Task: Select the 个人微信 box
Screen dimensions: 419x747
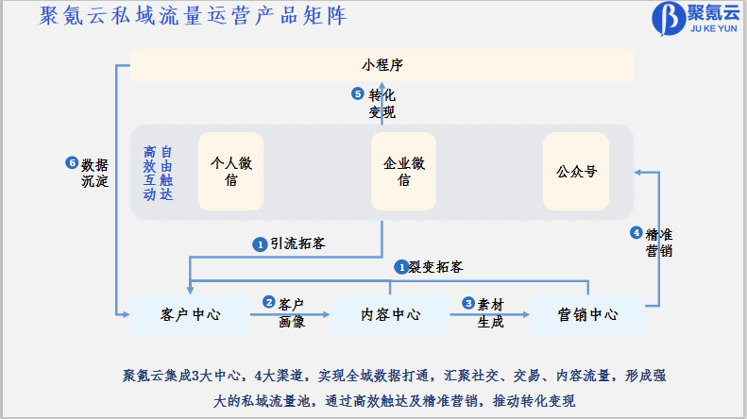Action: [230, 171]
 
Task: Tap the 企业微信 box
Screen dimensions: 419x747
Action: [403, 171]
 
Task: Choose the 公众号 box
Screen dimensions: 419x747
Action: [577, 172]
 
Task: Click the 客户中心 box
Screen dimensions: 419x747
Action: [191, 314]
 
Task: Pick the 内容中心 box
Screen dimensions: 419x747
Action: [390, 314]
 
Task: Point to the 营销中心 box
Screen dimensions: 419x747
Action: [587, 314]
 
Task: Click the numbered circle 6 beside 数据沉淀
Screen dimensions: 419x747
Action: [72, 163]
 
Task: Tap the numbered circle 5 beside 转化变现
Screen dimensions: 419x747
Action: [357, 93]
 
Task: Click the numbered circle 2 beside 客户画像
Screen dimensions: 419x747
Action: [269, 303]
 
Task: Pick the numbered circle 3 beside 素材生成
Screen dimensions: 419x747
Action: [467, 303]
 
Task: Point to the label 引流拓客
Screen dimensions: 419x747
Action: [297, 243]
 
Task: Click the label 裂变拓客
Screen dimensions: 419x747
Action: [435, 267]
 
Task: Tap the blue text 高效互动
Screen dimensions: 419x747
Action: [149, 173]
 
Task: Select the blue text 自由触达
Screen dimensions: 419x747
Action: [166, 173]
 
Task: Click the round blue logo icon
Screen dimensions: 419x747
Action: [665, 18]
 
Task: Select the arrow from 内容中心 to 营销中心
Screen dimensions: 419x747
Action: [490, 314]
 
